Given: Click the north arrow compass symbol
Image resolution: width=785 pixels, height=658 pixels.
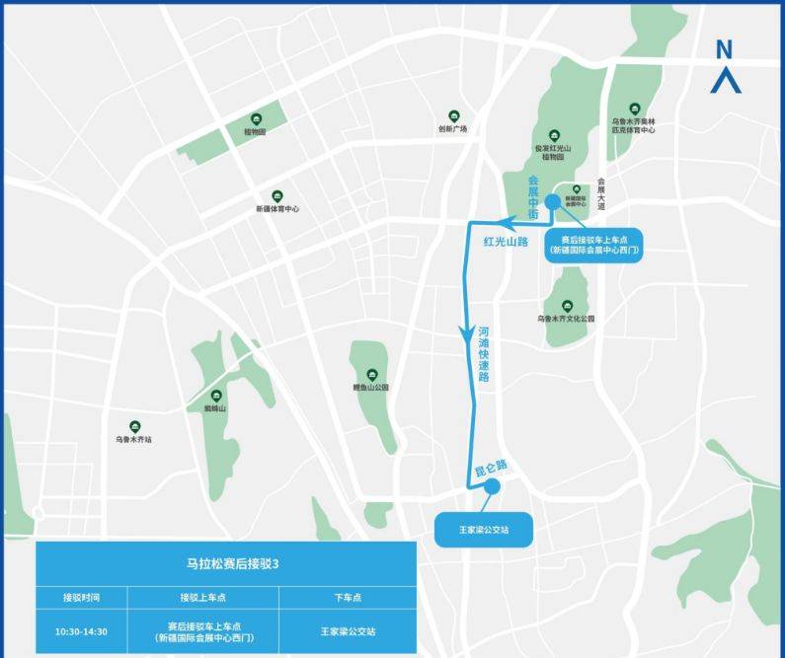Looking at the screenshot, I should point(725,67).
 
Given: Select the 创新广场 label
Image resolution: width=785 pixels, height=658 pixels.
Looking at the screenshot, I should point(452,129).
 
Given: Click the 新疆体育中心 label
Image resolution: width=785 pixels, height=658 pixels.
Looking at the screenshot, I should point(277,209).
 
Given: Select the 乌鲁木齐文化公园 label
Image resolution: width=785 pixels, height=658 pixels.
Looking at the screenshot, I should point(567,319).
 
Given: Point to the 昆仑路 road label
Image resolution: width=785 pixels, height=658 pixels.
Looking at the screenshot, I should point(490,464).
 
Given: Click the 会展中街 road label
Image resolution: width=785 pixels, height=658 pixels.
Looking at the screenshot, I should point(533,196).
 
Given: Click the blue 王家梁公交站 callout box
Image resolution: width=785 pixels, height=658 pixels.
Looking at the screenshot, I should point(483,530).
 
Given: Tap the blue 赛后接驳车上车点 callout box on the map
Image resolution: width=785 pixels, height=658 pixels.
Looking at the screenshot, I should point(593,245).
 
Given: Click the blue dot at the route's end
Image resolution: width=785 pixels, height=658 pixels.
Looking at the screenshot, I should point(491,485).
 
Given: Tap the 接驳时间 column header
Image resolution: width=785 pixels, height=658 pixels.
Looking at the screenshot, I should point(82,597).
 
